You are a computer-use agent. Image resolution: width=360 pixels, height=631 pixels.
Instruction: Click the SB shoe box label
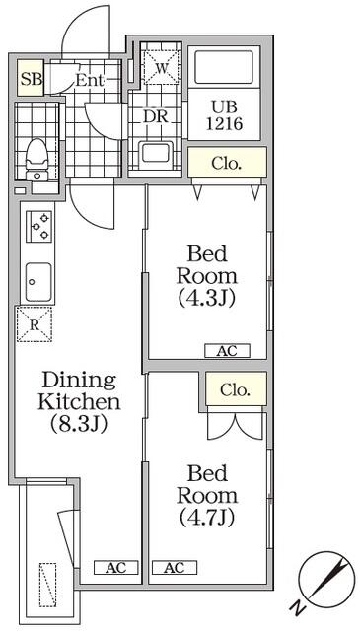coord(31,79)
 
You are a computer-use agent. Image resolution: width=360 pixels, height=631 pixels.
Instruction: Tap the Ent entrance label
coord(90,80)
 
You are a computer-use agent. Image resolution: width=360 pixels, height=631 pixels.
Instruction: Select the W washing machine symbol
coord(161,68)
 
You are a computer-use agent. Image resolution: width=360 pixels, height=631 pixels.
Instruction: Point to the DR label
coord(155,116)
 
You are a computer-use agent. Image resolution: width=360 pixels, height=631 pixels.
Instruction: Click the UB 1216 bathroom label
coord(225,115)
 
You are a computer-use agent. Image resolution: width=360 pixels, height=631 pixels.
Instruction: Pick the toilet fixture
coord(37,159)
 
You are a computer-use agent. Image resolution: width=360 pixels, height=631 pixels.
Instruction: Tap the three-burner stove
coord(39,227)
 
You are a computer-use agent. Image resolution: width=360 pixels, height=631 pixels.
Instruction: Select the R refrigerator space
coord(35,324)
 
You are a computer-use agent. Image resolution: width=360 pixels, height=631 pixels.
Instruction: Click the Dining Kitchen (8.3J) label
coord(79,402)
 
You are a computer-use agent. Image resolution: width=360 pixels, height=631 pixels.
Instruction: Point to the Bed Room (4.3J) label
coord(207,276)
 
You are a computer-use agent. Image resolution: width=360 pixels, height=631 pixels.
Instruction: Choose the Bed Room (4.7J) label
coord(207,495)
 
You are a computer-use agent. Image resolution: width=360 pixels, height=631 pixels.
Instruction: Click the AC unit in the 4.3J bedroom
coord(227,351)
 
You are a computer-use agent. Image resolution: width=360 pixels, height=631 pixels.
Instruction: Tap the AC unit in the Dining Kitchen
coord(116,568)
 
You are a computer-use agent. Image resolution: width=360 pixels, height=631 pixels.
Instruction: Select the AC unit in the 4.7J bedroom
coord(175,568)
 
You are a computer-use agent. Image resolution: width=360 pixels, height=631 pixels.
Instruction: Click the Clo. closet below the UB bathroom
coord(227,163)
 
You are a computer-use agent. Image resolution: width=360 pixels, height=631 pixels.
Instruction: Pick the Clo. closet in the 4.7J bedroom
coord(236,389)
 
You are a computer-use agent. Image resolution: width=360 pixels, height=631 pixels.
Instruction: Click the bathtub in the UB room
coord(224,67)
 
